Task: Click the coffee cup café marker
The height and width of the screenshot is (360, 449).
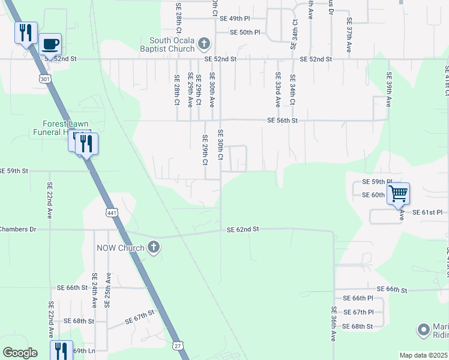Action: click(x=50, y=44)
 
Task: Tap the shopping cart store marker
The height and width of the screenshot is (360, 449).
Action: click(x=398, y=194)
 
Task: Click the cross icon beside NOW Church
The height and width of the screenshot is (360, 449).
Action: click(x=154, y=248)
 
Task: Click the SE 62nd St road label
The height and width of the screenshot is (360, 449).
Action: click(x=243, y=229)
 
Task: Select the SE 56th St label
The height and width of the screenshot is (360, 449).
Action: click(x=283, y=121)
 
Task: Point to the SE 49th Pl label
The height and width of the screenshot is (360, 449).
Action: click(x=235, y=19)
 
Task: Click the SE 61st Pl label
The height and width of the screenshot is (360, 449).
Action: click(x=427, y=212)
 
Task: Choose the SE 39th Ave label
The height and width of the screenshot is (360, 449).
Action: click(x=389, y=89)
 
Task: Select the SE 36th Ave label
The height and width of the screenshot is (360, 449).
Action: click(x=334, y=324)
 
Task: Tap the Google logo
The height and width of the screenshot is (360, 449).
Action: click(x=20, y=353)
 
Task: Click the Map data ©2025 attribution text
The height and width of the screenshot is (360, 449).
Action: click(x=423, y=355)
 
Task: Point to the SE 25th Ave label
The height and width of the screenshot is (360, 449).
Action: click(x=108, y=290)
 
